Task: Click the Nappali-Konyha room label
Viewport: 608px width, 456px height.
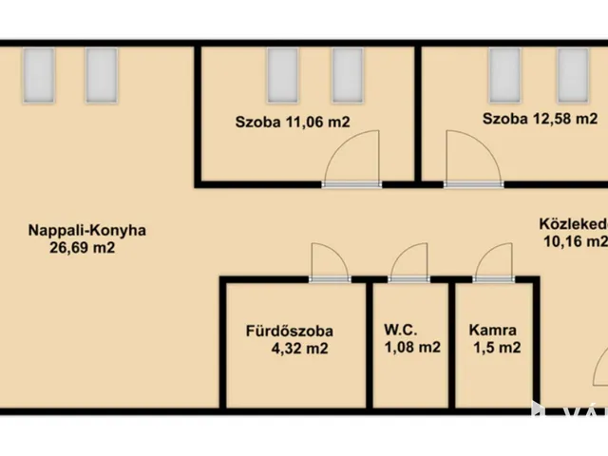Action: [86, 230]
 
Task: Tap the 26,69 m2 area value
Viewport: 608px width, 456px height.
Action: [86, 249]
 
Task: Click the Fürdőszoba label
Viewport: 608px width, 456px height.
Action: [289, 332]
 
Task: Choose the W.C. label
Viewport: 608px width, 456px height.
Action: [399, 332]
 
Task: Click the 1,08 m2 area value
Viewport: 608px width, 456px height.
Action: [412, 349]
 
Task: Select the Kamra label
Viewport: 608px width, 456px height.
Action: [493, 332]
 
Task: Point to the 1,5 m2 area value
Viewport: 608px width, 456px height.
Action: [496, 349]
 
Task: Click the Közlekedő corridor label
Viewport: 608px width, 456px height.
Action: [573, 224]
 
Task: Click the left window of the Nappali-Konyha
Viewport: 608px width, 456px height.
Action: [38, 75]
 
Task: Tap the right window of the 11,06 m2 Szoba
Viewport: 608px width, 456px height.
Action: [347, 73]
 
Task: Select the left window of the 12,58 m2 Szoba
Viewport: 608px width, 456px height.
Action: [503, 73]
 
